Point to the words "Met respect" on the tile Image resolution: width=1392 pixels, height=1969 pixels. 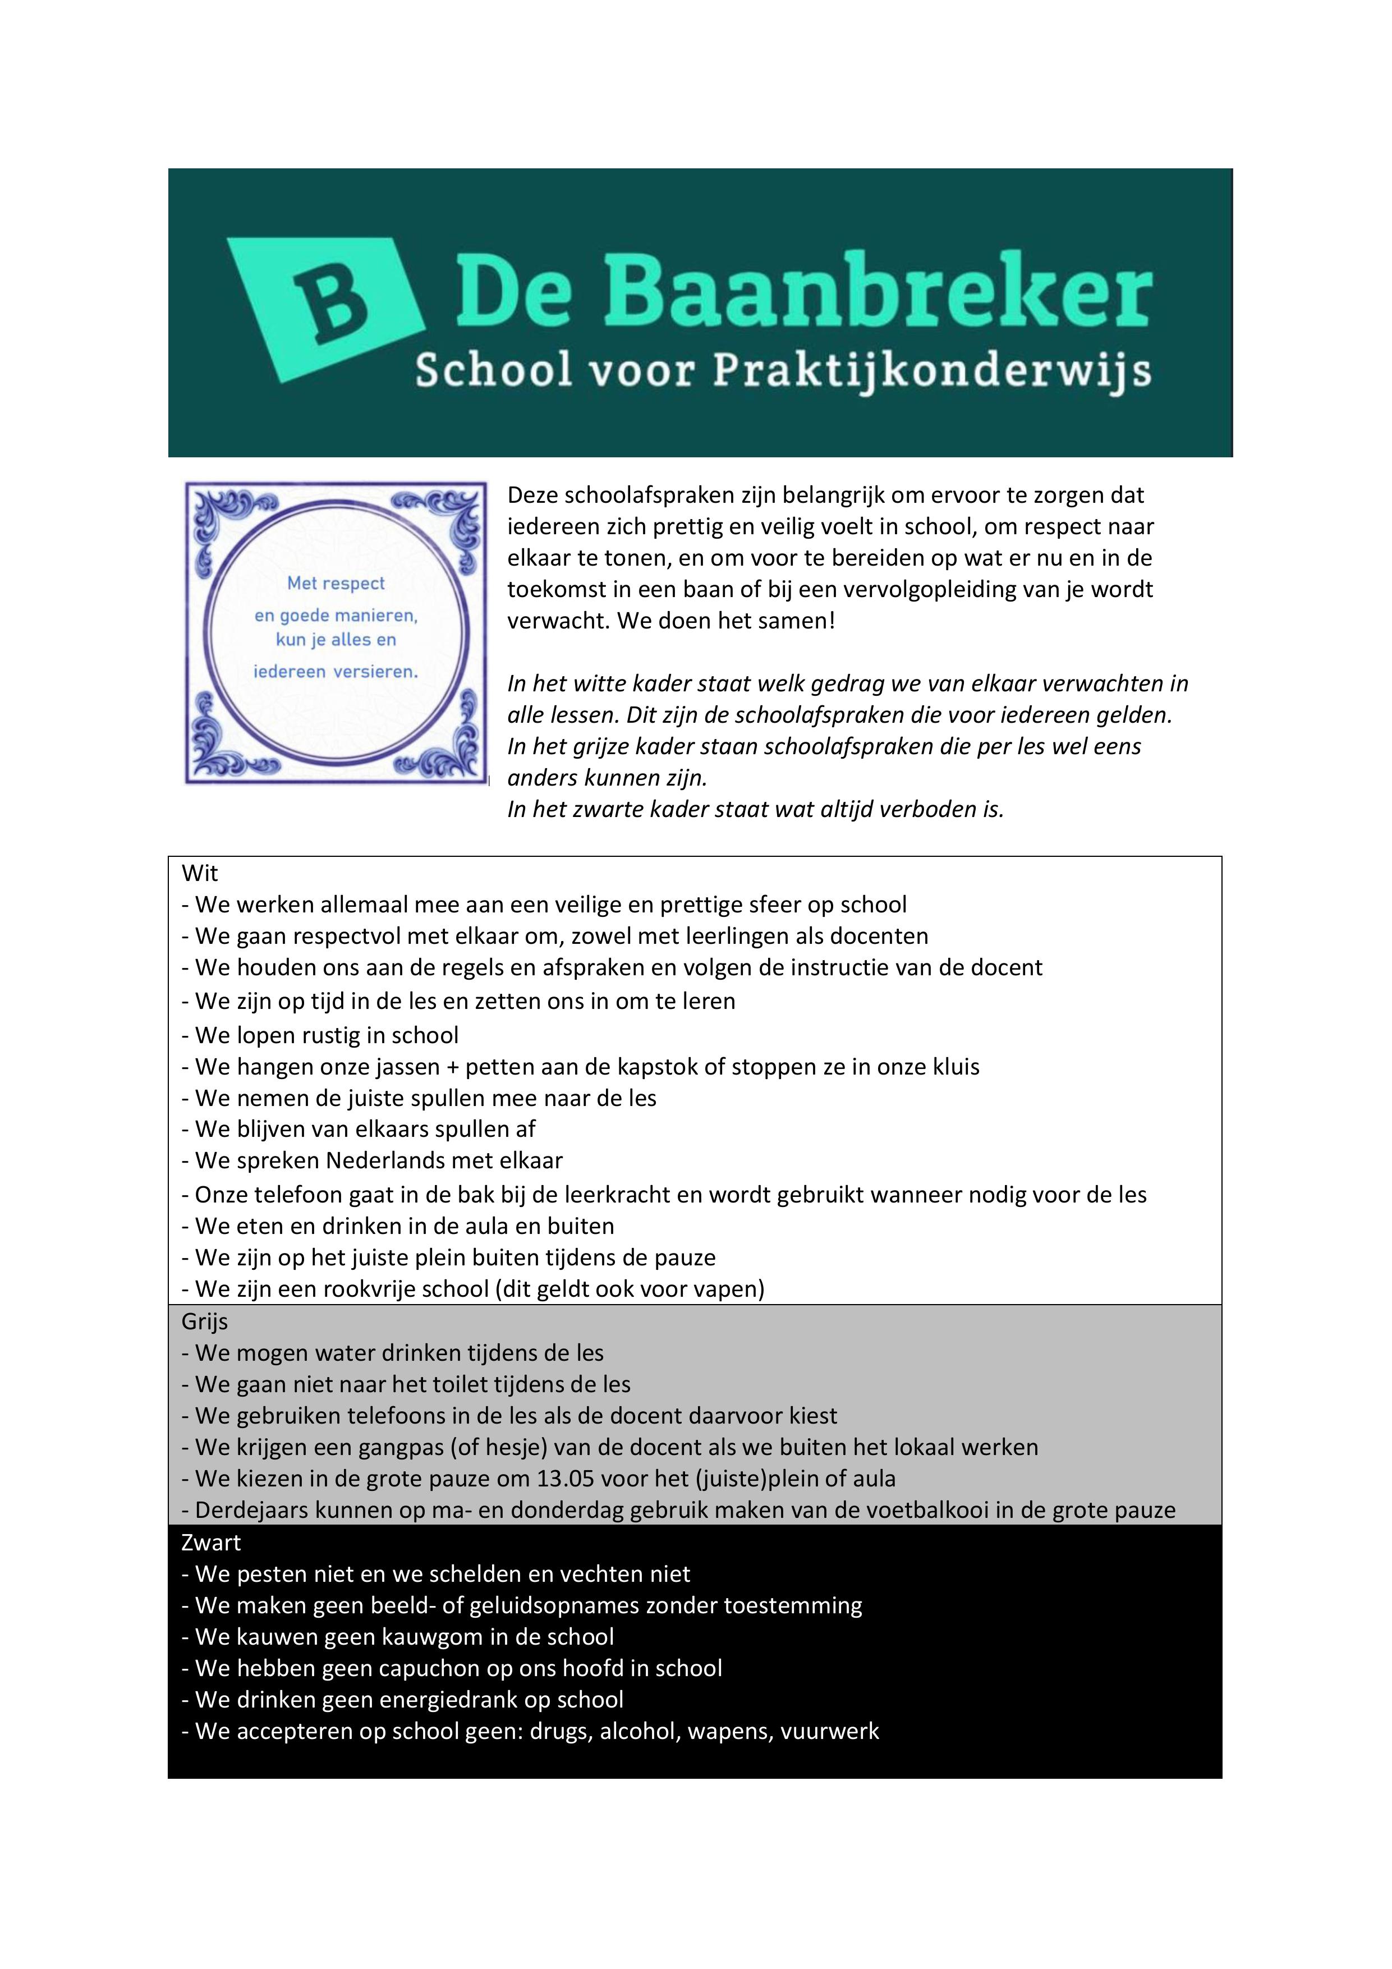point(336,583)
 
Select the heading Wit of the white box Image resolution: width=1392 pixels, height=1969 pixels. point(200,873)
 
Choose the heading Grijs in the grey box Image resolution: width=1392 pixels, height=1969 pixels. point(204,1321)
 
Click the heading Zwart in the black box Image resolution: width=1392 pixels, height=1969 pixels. point(211,1542)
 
